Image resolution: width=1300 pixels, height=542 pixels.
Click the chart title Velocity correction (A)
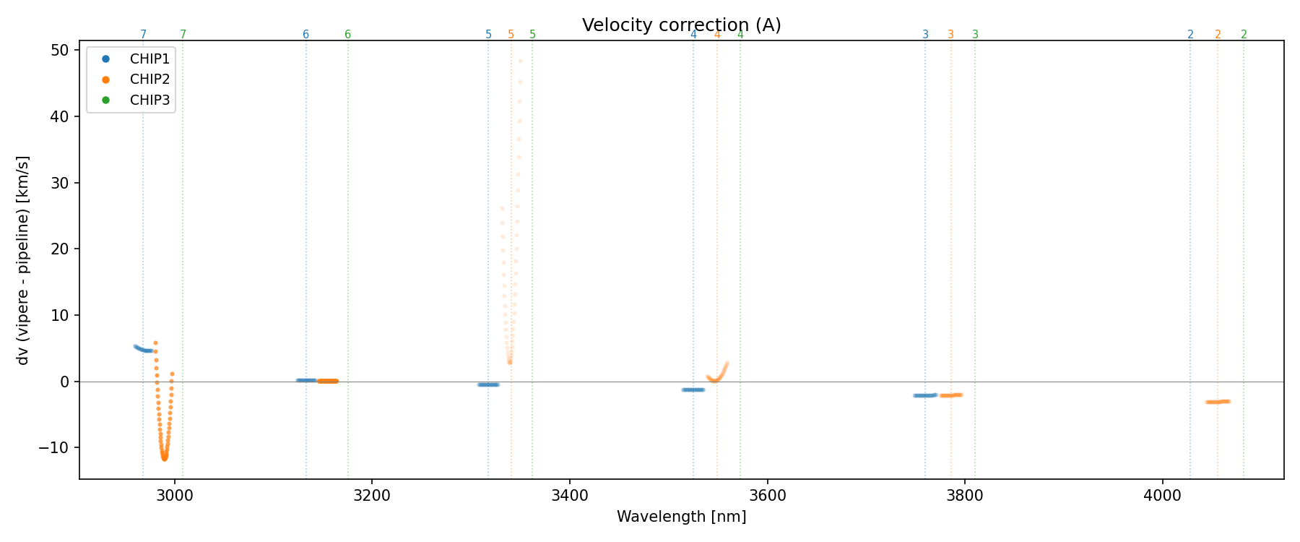tap(681, 25)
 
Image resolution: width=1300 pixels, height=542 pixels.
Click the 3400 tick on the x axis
tap(569, 496)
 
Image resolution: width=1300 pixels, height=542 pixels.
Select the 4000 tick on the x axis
tap(1163, 496)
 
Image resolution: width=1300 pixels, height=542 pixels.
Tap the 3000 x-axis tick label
tap(174, 496)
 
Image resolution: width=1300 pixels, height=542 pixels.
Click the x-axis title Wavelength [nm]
tap(681, 517)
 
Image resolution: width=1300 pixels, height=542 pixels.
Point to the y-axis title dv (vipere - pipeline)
tap(23, 260)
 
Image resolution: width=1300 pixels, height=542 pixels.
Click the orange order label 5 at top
tap(511, 35)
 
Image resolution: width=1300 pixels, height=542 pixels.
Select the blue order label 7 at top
tap(143, 35)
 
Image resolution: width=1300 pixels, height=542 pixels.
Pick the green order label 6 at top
tap(347, 35)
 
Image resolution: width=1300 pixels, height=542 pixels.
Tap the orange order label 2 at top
tap(1218, 35)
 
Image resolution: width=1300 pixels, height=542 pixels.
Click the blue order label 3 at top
tap(925, 35)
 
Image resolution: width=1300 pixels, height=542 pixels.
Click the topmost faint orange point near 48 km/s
tap(520, 61)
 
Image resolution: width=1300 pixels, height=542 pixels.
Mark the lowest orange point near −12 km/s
tap(164, 459)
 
